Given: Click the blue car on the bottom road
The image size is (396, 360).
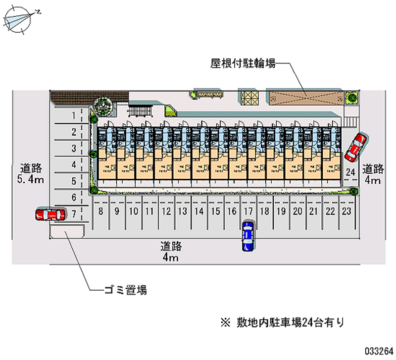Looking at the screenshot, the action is pos(248,235).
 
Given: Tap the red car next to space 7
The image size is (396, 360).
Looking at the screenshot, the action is pos(50,214).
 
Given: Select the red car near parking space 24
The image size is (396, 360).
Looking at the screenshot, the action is pos(356,147).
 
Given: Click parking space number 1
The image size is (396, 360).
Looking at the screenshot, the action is pos(73,116).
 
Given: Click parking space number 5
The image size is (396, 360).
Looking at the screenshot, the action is pos(73,181).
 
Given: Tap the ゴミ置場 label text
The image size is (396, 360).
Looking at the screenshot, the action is pos(125,290).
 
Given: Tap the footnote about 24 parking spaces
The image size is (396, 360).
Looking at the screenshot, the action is pos(282,322).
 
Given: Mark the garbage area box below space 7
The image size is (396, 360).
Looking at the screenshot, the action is pos(66,232).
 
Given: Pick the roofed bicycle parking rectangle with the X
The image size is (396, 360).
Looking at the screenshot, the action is pos(304,98).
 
